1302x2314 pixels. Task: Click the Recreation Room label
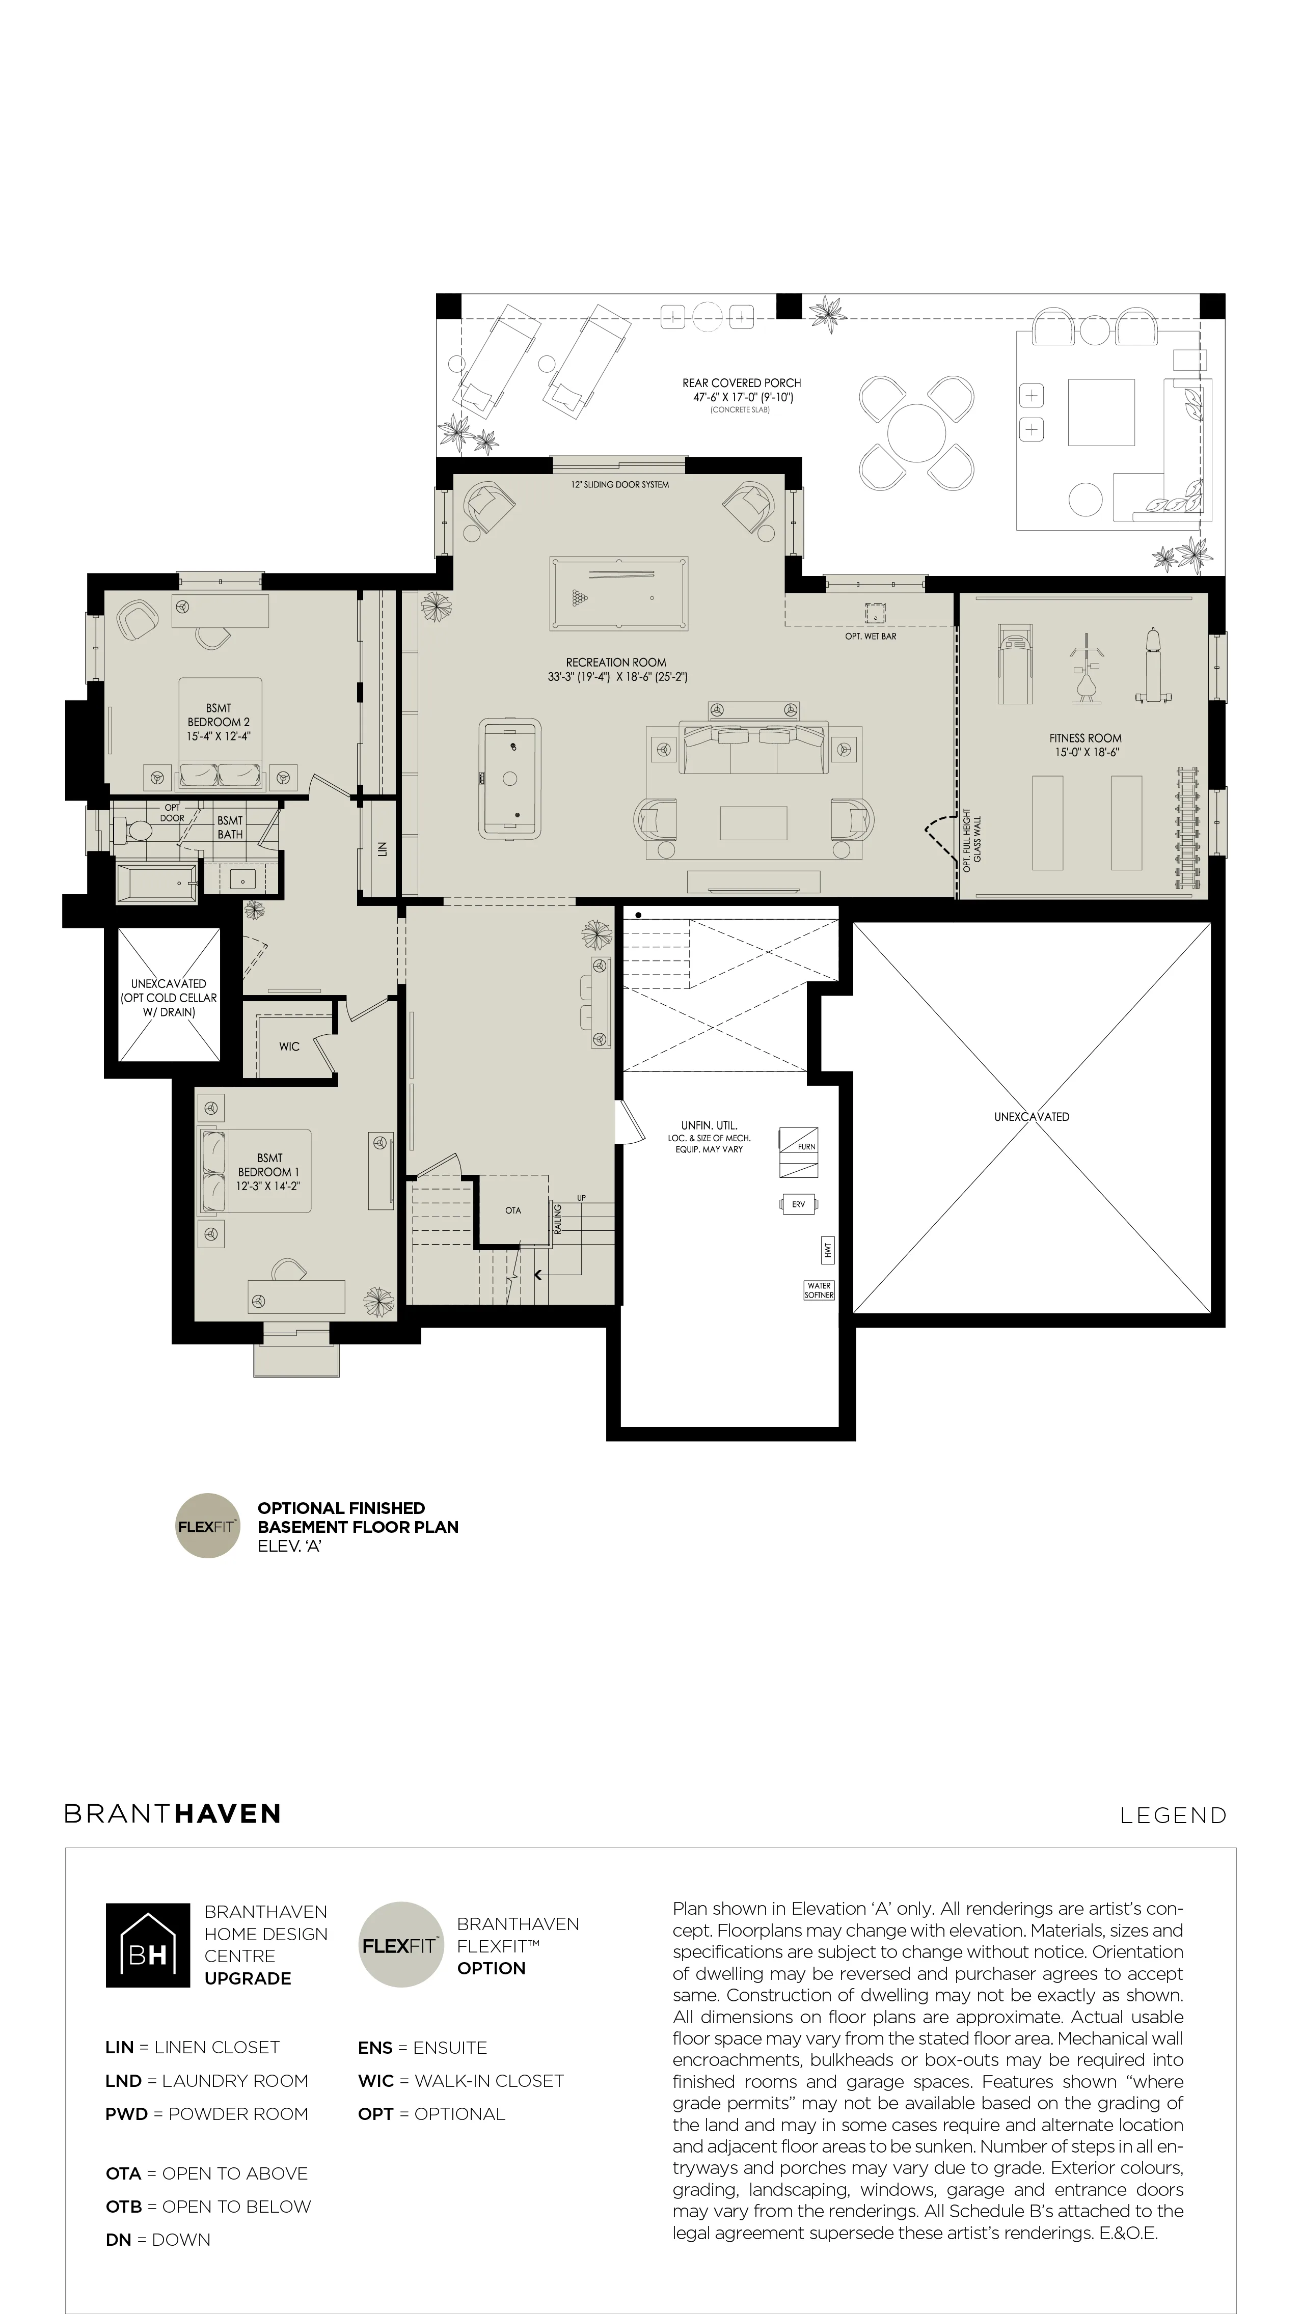coord(616,662)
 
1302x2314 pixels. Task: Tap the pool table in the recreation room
coord(619,594)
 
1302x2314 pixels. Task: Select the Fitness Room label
coord(1086,738)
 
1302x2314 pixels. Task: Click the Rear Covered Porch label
coord(741,382)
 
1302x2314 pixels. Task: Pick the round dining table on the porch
coord(916,432)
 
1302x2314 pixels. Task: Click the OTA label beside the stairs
coord(513,1210)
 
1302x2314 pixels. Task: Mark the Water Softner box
coord(819,1290)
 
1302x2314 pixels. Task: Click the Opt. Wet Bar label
coord(871,636)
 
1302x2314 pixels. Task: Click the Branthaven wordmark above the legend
coord(173,1813)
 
